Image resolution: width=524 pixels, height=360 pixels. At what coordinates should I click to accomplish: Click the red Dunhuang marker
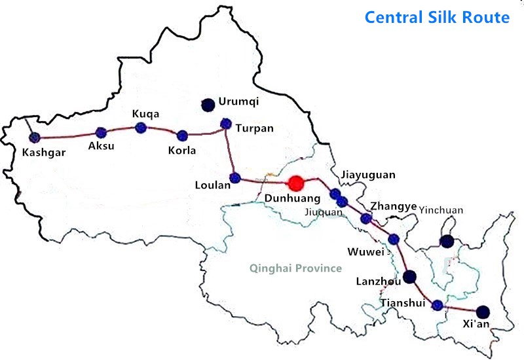click(297, 183)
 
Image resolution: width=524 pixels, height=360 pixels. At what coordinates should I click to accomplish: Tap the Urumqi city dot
click(208, 103)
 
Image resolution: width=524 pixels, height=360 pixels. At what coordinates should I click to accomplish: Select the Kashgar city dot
click(34, 137)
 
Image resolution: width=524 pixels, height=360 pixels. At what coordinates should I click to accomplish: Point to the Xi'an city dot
click(483, 312)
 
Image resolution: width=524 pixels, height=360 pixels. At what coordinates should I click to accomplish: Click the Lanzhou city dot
click(410, 276)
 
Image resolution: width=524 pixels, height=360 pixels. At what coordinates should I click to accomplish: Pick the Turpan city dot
click(226, 122)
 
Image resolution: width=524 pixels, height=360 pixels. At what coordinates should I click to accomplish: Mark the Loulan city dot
click(235, 177)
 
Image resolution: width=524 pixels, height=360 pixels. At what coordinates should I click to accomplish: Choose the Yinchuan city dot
click(447, 242)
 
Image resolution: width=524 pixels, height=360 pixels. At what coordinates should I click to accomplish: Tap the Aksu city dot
click(101, 133)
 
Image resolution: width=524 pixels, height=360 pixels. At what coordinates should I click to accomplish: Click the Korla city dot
click(182, 135)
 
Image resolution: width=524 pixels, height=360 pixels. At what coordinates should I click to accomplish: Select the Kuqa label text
click(145, 113)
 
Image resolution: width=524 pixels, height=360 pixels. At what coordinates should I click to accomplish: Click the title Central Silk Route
click(437, 17)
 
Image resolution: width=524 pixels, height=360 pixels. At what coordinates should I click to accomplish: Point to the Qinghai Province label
click(295, 268)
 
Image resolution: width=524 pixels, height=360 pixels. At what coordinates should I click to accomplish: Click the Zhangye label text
click(394, 206)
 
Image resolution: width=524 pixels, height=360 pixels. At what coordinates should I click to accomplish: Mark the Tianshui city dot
click(438, 304)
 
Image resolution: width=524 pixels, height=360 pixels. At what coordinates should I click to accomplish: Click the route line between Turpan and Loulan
click(230, 151)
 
